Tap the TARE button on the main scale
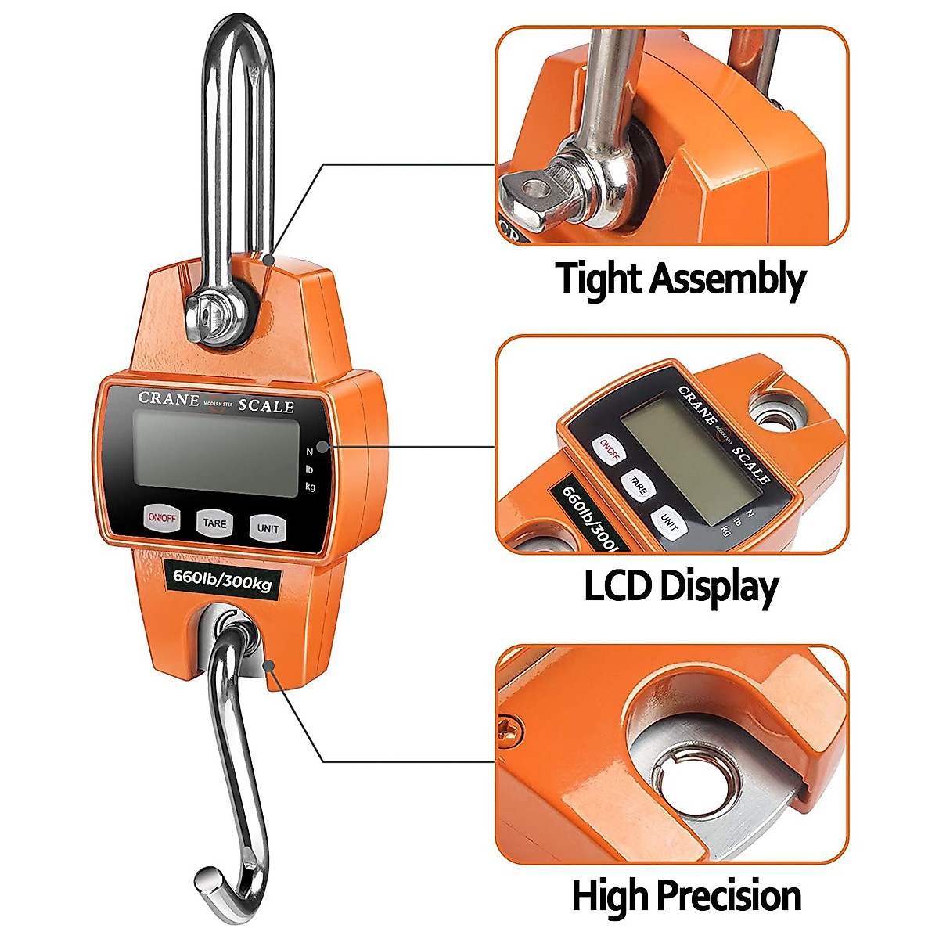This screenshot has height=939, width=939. tap(214, 523)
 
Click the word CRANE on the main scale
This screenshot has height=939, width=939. tap(168, 398)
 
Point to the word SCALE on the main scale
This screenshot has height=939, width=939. tap(266, 406)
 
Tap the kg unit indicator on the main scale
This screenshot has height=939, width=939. tap(311, 487)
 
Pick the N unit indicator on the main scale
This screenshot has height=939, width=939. tap(310, 451)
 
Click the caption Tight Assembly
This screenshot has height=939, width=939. tap(680, 279)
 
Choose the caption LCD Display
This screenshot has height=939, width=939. tap(681, 587)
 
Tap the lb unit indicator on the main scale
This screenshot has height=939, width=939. tap(310, 469)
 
